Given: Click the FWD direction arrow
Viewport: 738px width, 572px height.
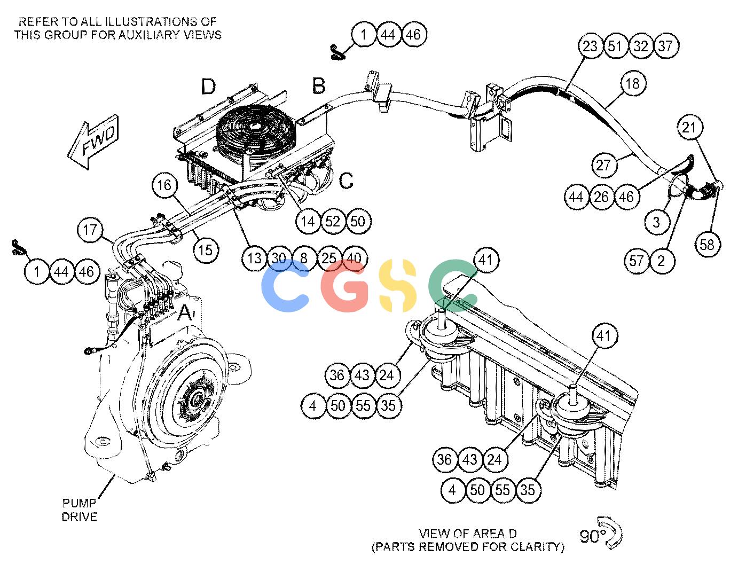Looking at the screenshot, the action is coord(93,142).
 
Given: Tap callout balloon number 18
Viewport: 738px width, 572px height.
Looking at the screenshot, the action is coord(632,83).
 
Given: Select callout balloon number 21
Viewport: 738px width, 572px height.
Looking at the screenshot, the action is coord(690,127).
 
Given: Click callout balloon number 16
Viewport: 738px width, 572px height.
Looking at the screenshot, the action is coord(164,185).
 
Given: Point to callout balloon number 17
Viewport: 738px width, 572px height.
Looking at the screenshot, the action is coord(90,230).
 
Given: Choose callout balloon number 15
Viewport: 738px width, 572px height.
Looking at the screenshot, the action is coord(206,250).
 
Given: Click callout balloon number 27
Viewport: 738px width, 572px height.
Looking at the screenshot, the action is coord(603,166).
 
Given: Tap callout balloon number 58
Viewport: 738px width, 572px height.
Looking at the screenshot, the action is coord(707,244).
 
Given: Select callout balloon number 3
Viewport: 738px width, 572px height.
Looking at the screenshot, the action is coord(656,222).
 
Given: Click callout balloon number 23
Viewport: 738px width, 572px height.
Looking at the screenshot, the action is coord(590,46).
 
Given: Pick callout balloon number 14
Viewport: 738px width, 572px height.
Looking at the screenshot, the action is coord(308,222).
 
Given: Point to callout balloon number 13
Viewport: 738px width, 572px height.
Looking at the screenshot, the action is coord(254,258).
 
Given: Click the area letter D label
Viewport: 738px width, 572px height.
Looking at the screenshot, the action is coord(208,87).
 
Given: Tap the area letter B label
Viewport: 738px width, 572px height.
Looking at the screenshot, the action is coord(319,85).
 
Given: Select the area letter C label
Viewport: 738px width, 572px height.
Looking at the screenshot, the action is coord(346,181).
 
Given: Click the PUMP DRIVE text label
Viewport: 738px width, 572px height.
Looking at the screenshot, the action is coord(80,510).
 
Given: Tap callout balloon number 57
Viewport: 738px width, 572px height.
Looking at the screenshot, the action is coord(637,261).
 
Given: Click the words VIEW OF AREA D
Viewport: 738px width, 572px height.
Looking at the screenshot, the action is coord(468,534).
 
